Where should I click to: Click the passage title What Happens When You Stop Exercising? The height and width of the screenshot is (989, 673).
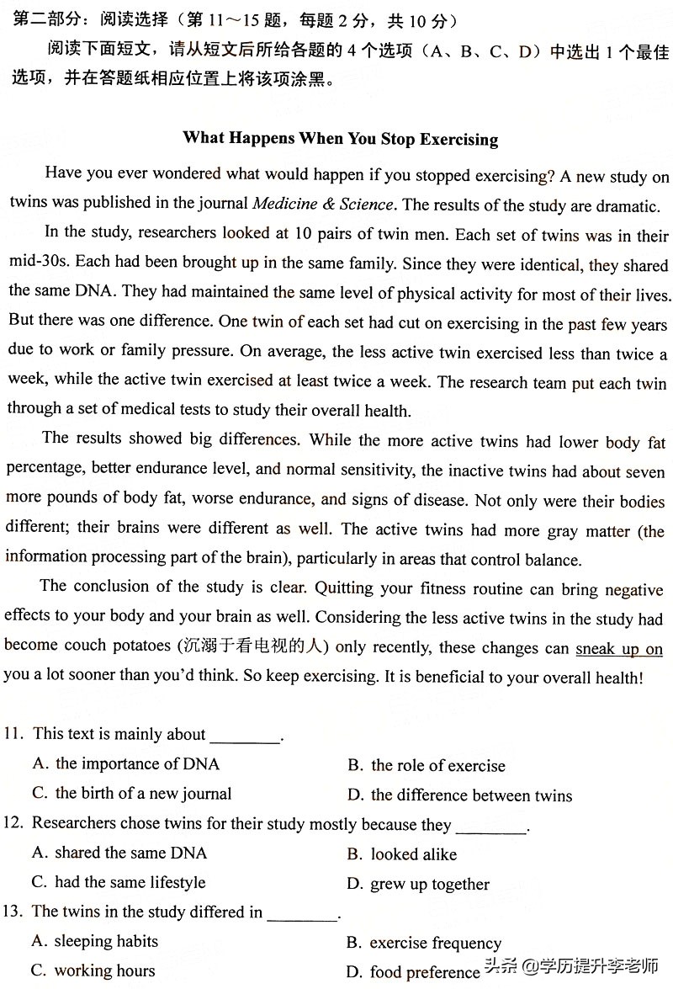340,139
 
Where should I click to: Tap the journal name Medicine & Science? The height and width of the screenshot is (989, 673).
322,204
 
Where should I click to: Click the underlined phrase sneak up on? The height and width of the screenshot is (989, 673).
618,649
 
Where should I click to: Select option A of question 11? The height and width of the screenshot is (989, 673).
126,764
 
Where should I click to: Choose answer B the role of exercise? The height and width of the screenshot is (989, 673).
427,766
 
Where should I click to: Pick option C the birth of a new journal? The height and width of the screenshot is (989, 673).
132,794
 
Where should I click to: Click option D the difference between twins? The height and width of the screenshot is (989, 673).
459,795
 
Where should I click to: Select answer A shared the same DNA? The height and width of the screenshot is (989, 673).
119,853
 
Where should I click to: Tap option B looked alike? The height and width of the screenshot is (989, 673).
402,854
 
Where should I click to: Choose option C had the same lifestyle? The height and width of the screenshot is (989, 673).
119,883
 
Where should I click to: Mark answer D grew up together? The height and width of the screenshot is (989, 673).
418,885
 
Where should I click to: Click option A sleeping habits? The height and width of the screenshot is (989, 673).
95,941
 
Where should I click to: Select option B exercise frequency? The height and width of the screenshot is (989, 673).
424,943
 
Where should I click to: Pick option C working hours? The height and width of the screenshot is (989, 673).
93,970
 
